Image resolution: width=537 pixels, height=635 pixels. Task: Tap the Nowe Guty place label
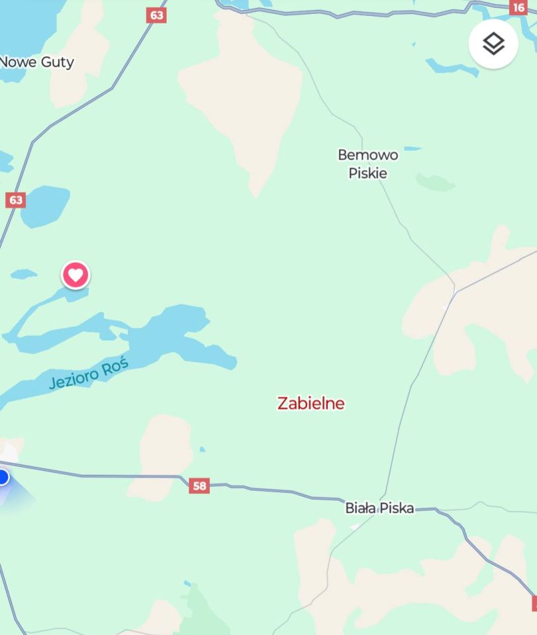[x=37, y=62]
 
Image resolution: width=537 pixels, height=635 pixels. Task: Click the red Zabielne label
[x=311, y=403]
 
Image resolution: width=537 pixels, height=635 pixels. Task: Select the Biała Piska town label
[x=379, y=508]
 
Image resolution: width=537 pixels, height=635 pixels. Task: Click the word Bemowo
[x=368, y=155]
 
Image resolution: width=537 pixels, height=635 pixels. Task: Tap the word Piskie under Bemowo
[x=368, y=173]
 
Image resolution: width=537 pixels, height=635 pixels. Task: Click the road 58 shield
[x=199, y=486]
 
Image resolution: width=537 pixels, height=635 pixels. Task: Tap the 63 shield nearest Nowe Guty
[x=156, y=15]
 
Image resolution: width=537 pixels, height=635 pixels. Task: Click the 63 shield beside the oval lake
[x=15, y=200]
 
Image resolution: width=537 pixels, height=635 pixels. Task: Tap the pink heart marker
[x=75, y=275]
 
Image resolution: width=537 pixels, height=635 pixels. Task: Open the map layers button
[x=493, y=44]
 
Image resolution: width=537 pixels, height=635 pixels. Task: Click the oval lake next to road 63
[x=45, y=205]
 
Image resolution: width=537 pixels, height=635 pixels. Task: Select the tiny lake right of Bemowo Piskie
[x=412, y=148]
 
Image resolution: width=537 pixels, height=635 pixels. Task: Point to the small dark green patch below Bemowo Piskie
[x=435, y=182]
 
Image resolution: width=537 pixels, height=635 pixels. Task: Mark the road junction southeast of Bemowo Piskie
[x=455, y=290]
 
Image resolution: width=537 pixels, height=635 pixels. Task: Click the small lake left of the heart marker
[x=23, y=273]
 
